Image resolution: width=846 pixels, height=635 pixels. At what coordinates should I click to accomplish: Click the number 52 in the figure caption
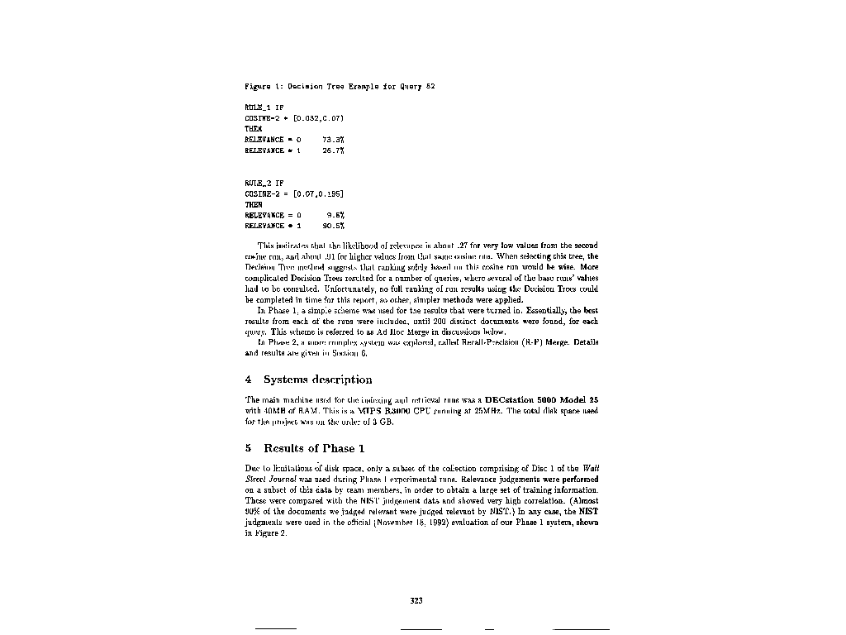coord(430,87)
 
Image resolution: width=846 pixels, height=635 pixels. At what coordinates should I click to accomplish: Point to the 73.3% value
coord(333,140)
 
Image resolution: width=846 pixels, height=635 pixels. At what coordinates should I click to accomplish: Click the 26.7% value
coord(333,150)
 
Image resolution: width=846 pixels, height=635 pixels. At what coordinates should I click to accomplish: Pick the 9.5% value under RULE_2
coord(335,215)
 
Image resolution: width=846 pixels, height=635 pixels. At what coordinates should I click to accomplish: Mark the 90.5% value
coord(333,226)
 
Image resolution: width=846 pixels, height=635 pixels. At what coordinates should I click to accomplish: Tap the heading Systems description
coord(317,380)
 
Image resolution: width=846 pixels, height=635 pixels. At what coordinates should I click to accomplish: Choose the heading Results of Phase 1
coord(314,449)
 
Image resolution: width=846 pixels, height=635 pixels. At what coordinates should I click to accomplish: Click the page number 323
coord(416,601)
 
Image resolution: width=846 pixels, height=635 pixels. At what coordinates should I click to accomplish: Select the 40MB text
coord(273,411)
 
